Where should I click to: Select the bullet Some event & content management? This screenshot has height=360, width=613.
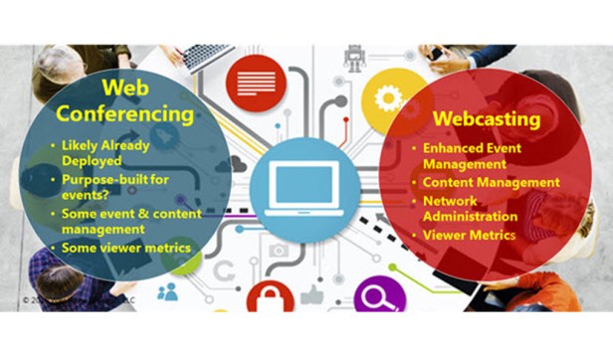(130, 221)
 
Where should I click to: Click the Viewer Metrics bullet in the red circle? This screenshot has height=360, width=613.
(468, 235)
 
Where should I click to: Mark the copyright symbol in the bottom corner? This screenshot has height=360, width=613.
(26, 297)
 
